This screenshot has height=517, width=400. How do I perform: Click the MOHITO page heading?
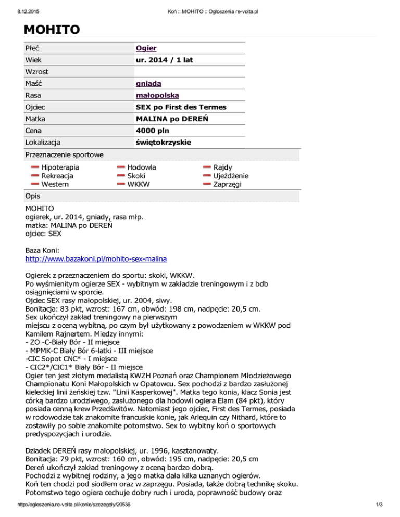(51, 29)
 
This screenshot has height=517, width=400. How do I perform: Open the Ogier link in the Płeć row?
(146, 48)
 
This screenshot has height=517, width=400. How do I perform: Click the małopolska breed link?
(156, 95)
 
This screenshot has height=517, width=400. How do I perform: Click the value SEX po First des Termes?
(181, 107)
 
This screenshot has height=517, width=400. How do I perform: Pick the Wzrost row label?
(37, 72)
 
